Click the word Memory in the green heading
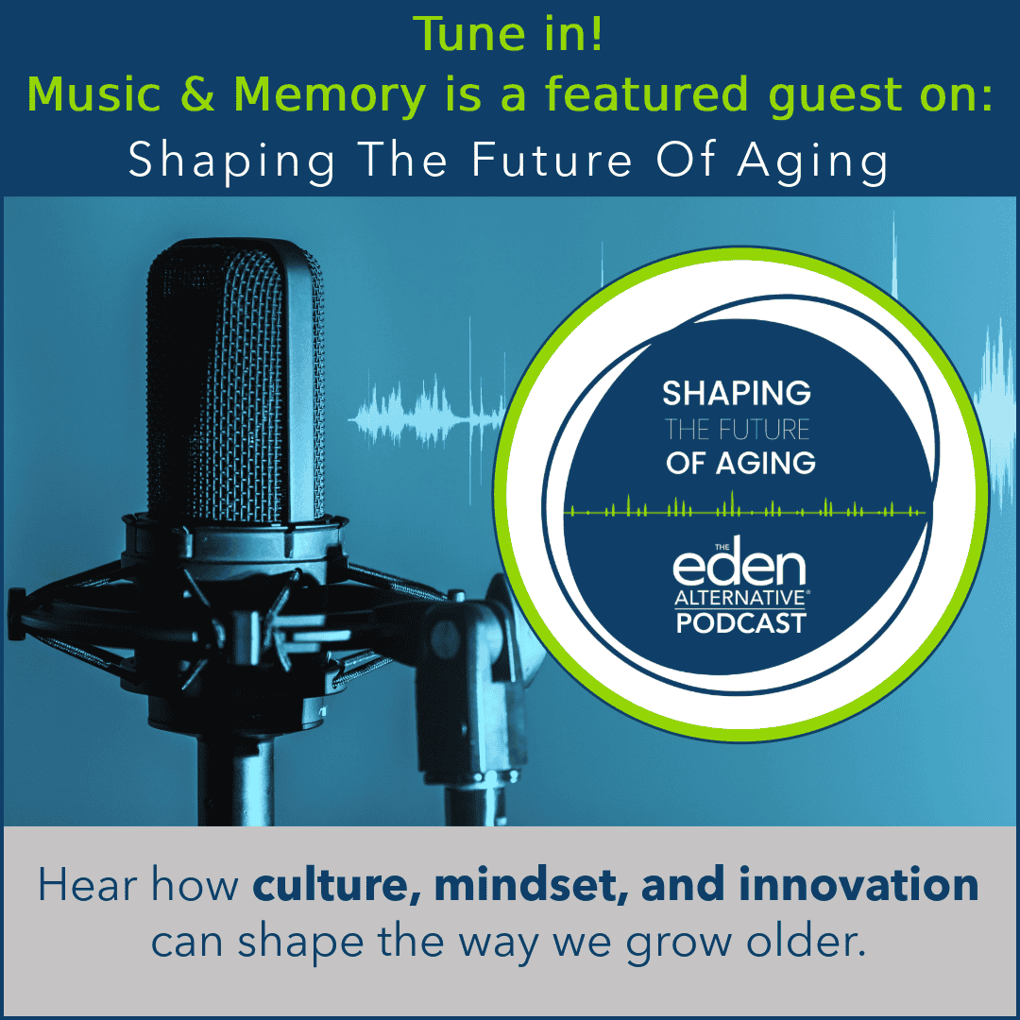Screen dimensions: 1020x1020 [314, 95]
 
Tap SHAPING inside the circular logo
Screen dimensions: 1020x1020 [737, 392]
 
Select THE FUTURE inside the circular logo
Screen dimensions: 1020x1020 [737, 430]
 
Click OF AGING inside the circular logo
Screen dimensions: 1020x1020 [739, 464]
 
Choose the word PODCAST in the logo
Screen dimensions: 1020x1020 [740, 623]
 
